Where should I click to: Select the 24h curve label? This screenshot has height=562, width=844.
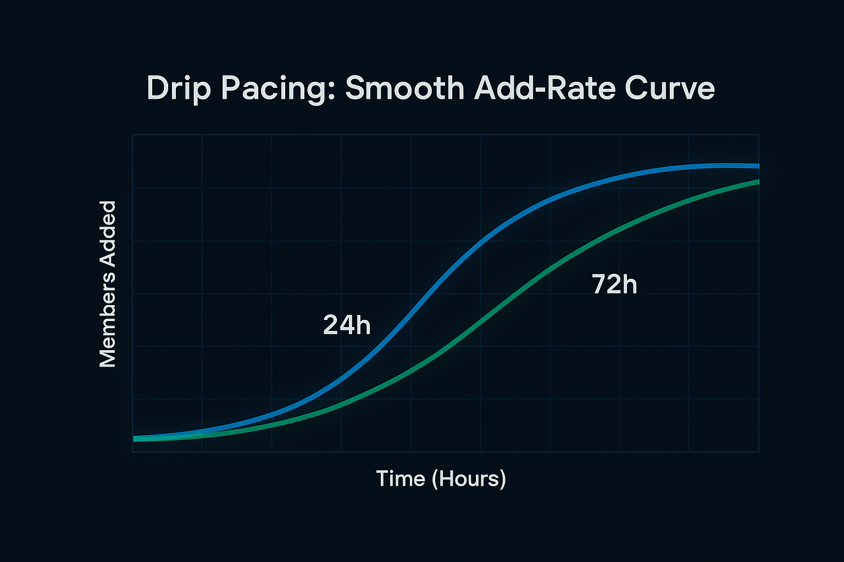(x=347, y=325)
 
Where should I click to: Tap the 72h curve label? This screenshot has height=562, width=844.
(x=614, y=284)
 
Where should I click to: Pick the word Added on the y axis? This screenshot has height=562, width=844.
(x=108, y=236)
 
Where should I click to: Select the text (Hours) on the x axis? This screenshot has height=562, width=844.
(x=469, y=479)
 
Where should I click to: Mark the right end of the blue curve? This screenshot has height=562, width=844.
(x=757, y=166)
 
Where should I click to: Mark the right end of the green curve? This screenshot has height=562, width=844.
(x=757, y=182)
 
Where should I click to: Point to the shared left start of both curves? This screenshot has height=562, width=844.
(x=135, y=438)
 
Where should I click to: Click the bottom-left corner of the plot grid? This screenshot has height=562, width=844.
(x=132, y=452)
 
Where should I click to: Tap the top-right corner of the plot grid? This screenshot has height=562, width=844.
(x=759, y=135)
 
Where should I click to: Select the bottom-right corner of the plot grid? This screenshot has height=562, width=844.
(x=759, y=452)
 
